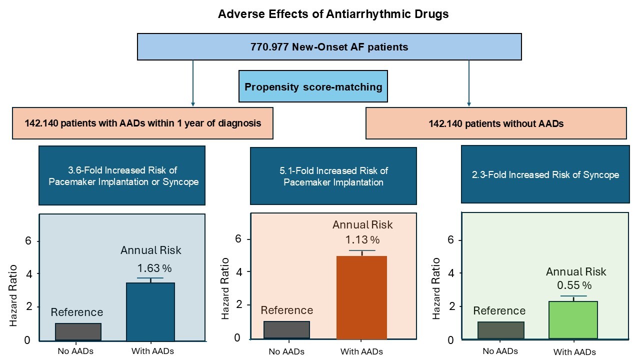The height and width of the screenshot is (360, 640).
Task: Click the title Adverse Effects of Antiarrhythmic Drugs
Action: [x=333, y=14]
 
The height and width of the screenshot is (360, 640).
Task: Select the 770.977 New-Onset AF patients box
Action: [x=329, y=47]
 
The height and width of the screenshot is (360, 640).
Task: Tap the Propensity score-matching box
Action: [x=313, y=87]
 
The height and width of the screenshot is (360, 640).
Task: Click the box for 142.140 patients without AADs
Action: [x=495, y=123]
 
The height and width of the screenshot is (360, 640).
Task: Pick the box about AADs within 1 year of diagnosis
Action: [x=143, y=123]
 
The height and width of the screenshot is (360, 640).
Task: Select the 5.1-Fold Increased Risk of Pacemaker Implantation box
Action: [x=333, y=176]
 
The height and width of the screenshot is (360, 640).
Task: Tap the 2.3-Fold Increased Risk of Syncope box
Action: [x=544, y=174]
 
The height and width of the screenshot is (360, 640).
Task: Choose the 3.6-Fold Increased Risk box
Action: [x=122, y=176]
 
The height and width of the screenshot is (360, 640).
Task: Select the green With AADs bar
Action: [x=573, y=319]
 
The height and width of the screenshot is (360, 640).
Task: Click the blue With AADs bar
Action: [x=150, y=311]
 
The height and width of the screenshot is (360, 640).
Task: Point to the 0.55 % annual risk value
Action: [x=574, y=285]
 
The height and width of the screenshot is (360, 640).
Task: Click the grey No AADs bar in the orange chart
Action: [x=286, y=329]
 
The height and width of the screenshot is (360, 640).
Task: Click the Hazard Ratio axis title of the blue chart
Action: [x=13, y=295]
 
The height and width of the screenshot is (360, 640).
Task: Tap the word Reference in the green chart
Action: [x=499, y=310]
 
